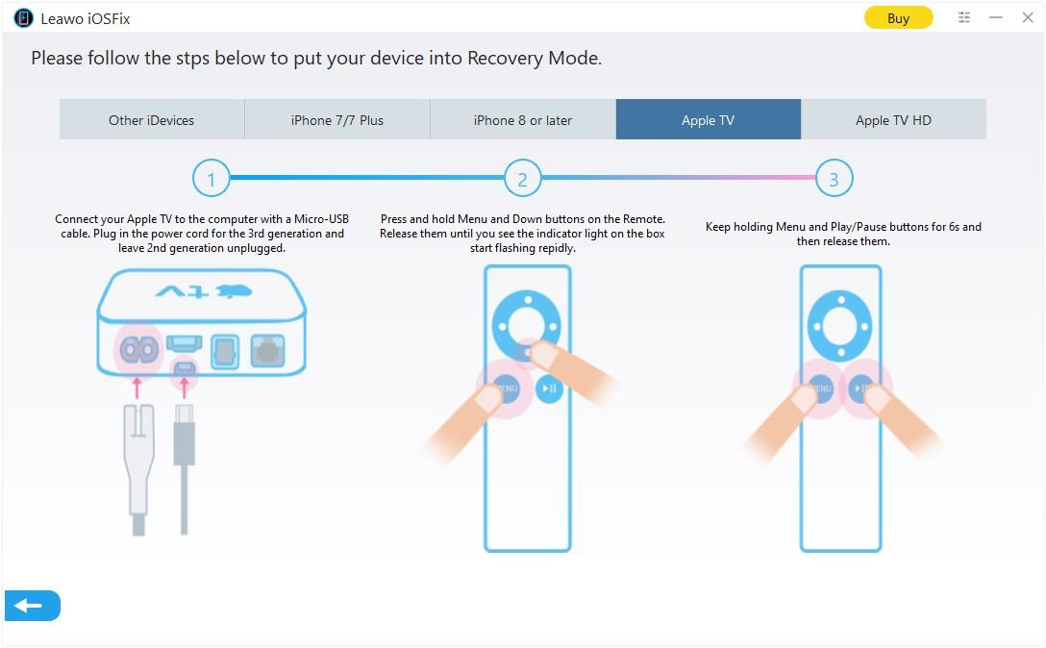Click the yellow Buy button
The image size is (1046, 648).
[x=898, y=18]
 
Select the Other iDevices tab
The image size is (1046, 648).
[x=151, y=120]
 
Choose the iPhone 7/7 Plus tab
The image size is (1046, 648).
[x=336, y=120]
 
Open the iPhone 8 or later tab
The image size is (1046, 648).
[x=522, y=120]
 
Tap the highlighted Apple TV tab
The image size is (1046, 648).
[x=708, y=120]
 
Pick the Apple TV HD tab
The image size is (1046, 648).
[x=893, y=120]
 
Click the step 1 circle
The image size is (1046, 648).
[x=211, y=179]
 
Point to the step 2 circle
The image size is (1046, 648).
[x=522, y=179]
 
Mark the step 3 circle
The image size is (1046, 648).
[x=834, y=179]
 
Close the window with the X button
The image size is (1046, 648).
[x=1027, y=17]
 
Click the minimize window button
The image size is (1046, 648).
[x=996, y=17]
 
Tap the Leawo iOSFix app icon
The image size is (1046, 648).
[x=23, y=18]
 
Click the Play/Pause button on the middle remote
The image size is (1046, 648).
[x=549, y=388]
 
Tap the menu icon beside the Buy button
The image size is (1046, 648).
[x=964, y=17]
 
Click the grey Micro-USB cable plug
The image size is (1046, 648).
[x=184, y=442]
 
